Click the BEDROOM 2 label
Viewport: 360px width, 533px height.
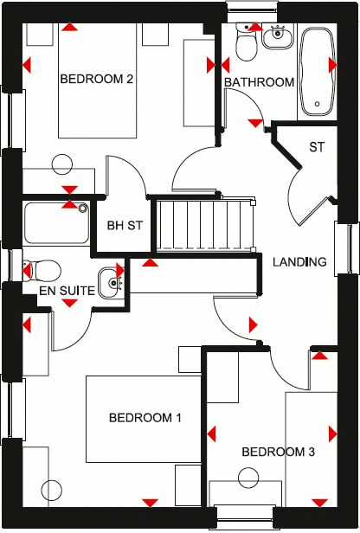point(96,79)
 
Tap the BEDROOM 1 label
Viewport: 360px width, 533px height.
point(145,418)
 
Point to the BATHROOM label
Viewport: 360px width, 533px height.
point(259,82)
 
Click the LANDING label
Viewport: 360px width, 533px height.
point(299,262)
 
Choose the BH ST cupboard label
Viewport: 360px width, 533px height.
point(124,226)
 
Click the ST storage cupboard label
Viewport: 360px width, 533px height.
point(317,147)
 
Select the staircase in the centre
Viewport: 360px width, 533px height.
point(206,224)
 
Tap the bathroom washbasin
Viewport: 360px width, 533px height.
point(279,37)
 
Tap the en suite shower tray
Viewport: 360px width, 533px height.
point(56,222)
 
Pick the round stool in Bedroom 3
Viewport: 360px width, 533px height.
point(249,478)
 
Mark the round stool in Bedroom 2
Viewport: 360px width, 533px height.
point(62,164)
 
